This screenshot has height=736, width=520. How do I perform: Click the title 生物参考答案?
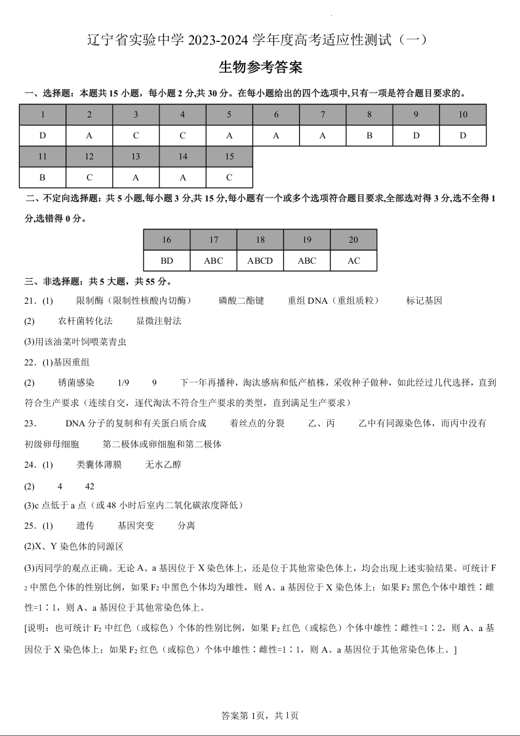coord(260,68)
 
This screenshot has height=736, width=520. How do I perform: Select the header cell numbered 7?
coord(323,115)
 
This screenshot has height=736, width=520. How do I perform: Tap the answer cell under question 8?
coord(369,136)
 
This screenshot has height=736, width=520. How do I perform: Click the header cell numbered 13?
coord(136,157)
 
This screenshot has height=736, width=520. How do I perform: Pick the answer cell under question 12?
coord(89,177)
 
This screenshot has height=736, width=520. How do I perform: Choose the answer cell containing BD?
coord(167,260)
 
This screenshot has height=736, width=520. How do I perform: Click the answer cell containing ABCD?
coord(260,260)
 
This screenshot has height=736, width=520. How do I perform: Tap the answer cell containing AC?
coord(353,260)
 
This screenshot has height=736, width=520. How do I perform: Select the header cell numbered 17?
coord(214,240)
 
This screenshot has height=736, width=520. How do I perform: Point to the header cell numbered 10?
coord(463,115)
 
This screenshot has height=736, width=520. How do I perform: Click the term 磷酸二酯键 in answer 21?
coord(241,300)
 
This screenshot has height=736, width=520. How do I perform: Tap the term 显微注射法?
coord(159,321)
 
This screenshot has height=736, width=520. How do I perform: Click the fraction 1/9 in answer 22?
coord(123,382)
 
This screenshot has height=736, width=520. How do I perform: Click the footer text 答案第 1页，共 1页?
coord(260,716)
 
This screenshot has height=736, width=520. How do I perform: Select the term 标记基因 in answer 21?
coord(424,300)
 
